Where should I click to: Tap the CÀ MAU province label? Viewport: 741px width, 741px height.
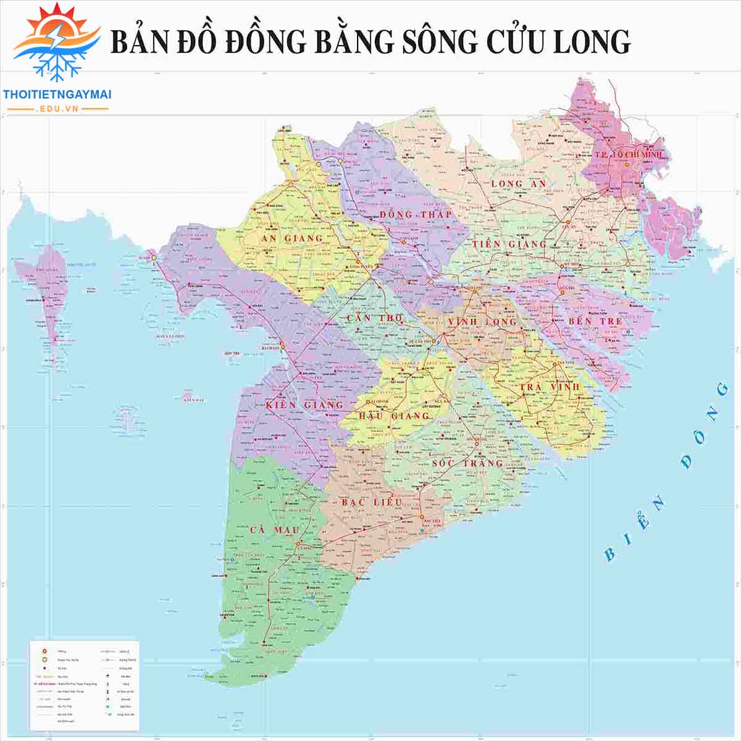coord(274,530)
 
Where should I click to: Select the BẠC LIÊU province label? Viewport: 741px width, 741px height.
coord(372,502)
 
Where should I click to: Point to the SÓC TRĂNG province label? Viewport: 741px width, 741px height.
coord(467,463)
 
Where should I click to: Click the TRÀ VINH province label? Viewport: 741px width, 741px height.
coord(549,387)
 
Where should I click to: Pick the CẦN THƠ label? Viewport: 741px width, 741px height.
coord(374,318)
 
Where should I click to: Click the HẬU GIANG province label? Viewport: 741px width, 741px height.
coord(394,416)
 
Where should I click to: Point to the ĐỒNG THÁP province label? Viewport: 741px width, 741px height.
coord(415,215)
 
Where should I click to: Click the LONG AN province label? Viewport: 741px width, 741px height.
coord(519,184)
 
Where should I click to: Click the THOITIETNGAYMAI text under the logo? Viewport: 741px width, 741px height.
coord(57,94)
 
